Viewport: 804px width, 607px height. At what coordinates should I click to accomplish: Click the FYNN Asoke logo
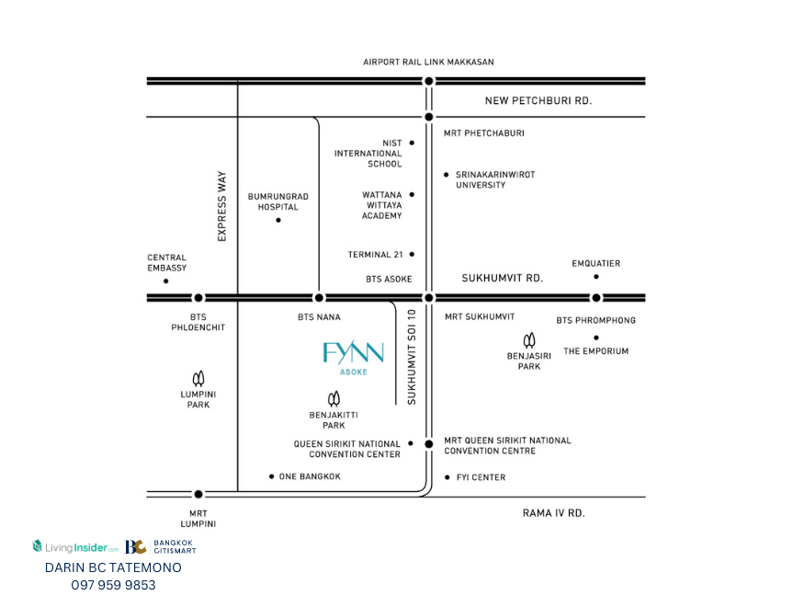(353, 358)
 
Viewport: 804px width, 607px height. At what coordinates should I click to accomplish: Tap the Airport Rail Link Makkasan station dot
(429, 81)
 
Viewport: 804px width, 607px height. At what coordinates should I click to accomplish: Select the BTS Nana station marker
(319, 298)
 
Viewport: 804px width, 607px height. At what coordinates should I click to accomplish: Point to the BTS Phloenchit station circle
(198, 298)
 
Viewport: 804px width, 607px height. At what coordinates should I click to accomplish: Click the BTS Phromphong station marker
(595, 298)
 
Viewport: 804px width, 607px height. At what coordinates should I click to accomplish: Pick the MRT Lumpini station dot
(198, 494)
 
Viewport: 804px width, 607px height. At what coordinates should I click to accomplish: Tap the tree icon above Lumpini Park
(198, 379)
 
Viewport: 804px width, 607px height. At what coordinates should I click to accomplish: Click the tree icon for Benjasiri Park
(529, 340)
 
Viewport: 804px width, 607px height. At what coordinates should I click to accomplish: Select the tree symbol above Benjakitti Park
(334, 398)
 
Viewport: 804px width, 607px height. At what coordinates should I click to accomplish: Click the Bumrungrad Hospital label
(277, 201)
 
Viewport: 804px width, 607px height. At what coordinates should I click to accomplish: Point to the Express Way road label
(221, 206)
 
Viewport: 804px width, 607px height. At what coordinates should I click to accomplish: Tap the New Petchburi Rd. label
(538, 100)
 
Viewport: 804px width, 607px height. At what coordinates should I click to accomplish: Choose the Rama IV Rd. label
(554, 513)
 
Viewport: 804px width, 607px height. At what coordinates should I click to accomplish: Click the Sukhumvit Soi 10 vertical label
(412, 357)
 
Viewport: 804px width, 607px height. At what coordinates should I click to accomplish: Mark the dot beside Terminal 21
(412, 254)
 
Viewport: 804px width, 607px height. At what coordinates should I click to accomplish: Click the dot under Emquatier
(595, 277)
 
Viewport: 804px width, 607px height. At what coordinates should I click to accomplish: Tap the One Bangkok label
(310, 476)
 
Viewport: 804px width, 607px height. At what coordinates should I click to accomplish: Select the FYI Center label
(481, 477)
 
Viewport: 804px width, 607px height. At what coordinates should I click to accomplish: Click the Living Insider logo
(75, 547)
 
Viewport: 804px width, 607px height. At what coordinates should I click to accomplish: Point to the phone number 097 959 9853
(113, 585)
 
